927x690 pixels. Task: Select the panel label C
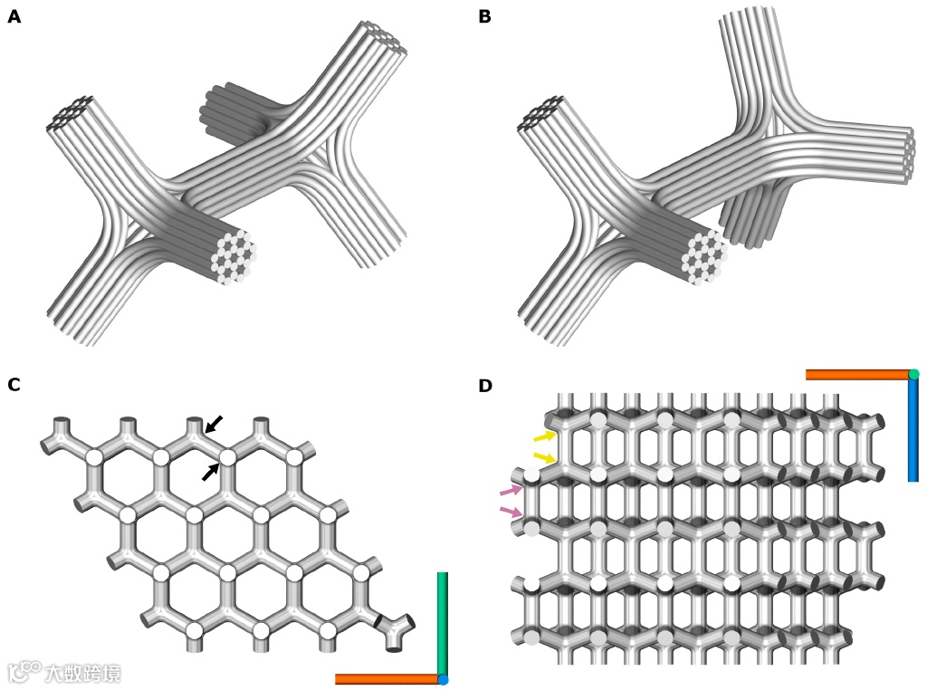coord(14,385)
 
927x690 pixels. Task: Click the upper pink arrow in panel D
coord(511,491)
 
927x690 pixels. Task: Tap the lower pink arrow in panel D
coord(511,513)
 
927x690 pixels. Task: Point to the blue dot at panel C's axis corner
coord(443,679)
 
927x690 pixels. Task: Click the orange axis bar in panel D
coord(857,374)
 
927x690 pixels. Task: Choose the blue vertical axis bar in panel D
coord(913,429)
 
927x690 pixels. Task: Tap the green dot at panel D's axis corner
coord(913,374)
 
